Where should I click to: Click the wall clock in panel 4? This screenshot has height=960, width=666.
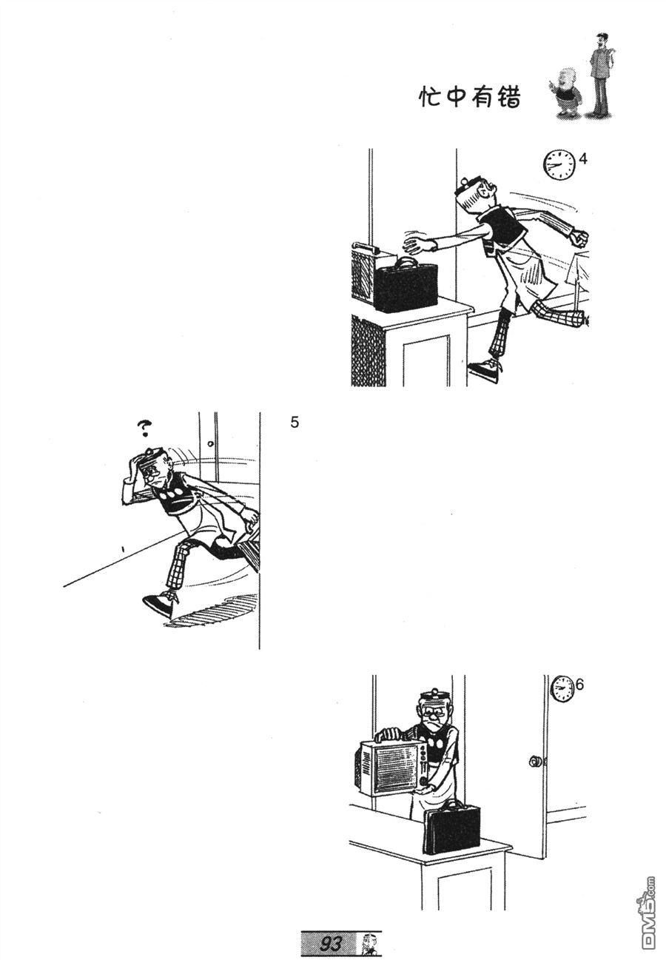pos(559,165)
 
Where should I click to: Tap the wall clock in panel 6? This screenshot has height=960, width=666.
pos(562,688)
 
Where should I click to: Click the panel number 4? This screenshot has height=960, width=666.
pos(583,159)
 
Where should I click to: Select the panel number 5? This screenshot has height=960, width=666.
pos(295,423)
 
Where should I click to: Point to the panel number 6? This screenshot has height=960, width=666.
pos(579,685)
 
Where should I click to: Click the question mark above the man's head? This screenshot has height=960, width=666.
pos(144,428)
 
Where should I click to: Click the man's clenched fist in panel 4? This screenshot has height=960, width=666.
pos(580,238)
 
